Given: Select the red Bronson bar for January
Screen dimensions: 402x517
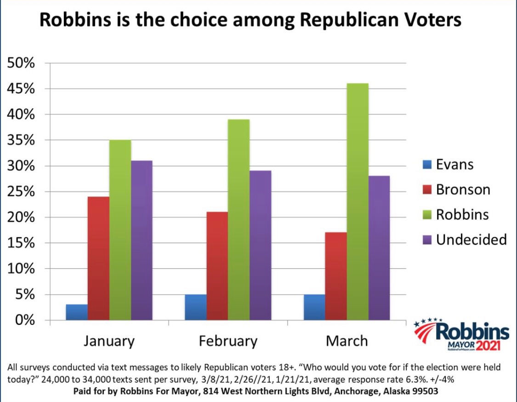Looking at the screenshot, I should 98,258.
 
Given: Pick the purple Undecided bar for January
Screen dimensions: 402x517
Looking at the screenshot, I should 142,240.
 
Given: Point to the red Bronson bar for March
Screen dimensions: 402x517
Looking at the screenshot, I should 336,276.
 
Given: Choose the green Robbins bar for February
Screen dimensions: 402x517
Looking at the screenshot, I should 239,219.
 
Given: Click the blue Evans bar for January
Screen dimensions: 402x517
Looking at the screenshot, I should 77,312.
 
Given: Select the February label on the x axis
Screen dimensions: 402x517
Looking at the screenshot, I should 228,341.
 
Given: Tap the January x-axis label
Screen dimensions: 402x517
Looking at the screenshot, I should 109,341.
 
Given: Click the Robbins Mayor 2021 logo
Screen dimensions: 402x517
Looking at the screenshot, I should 461,334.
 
